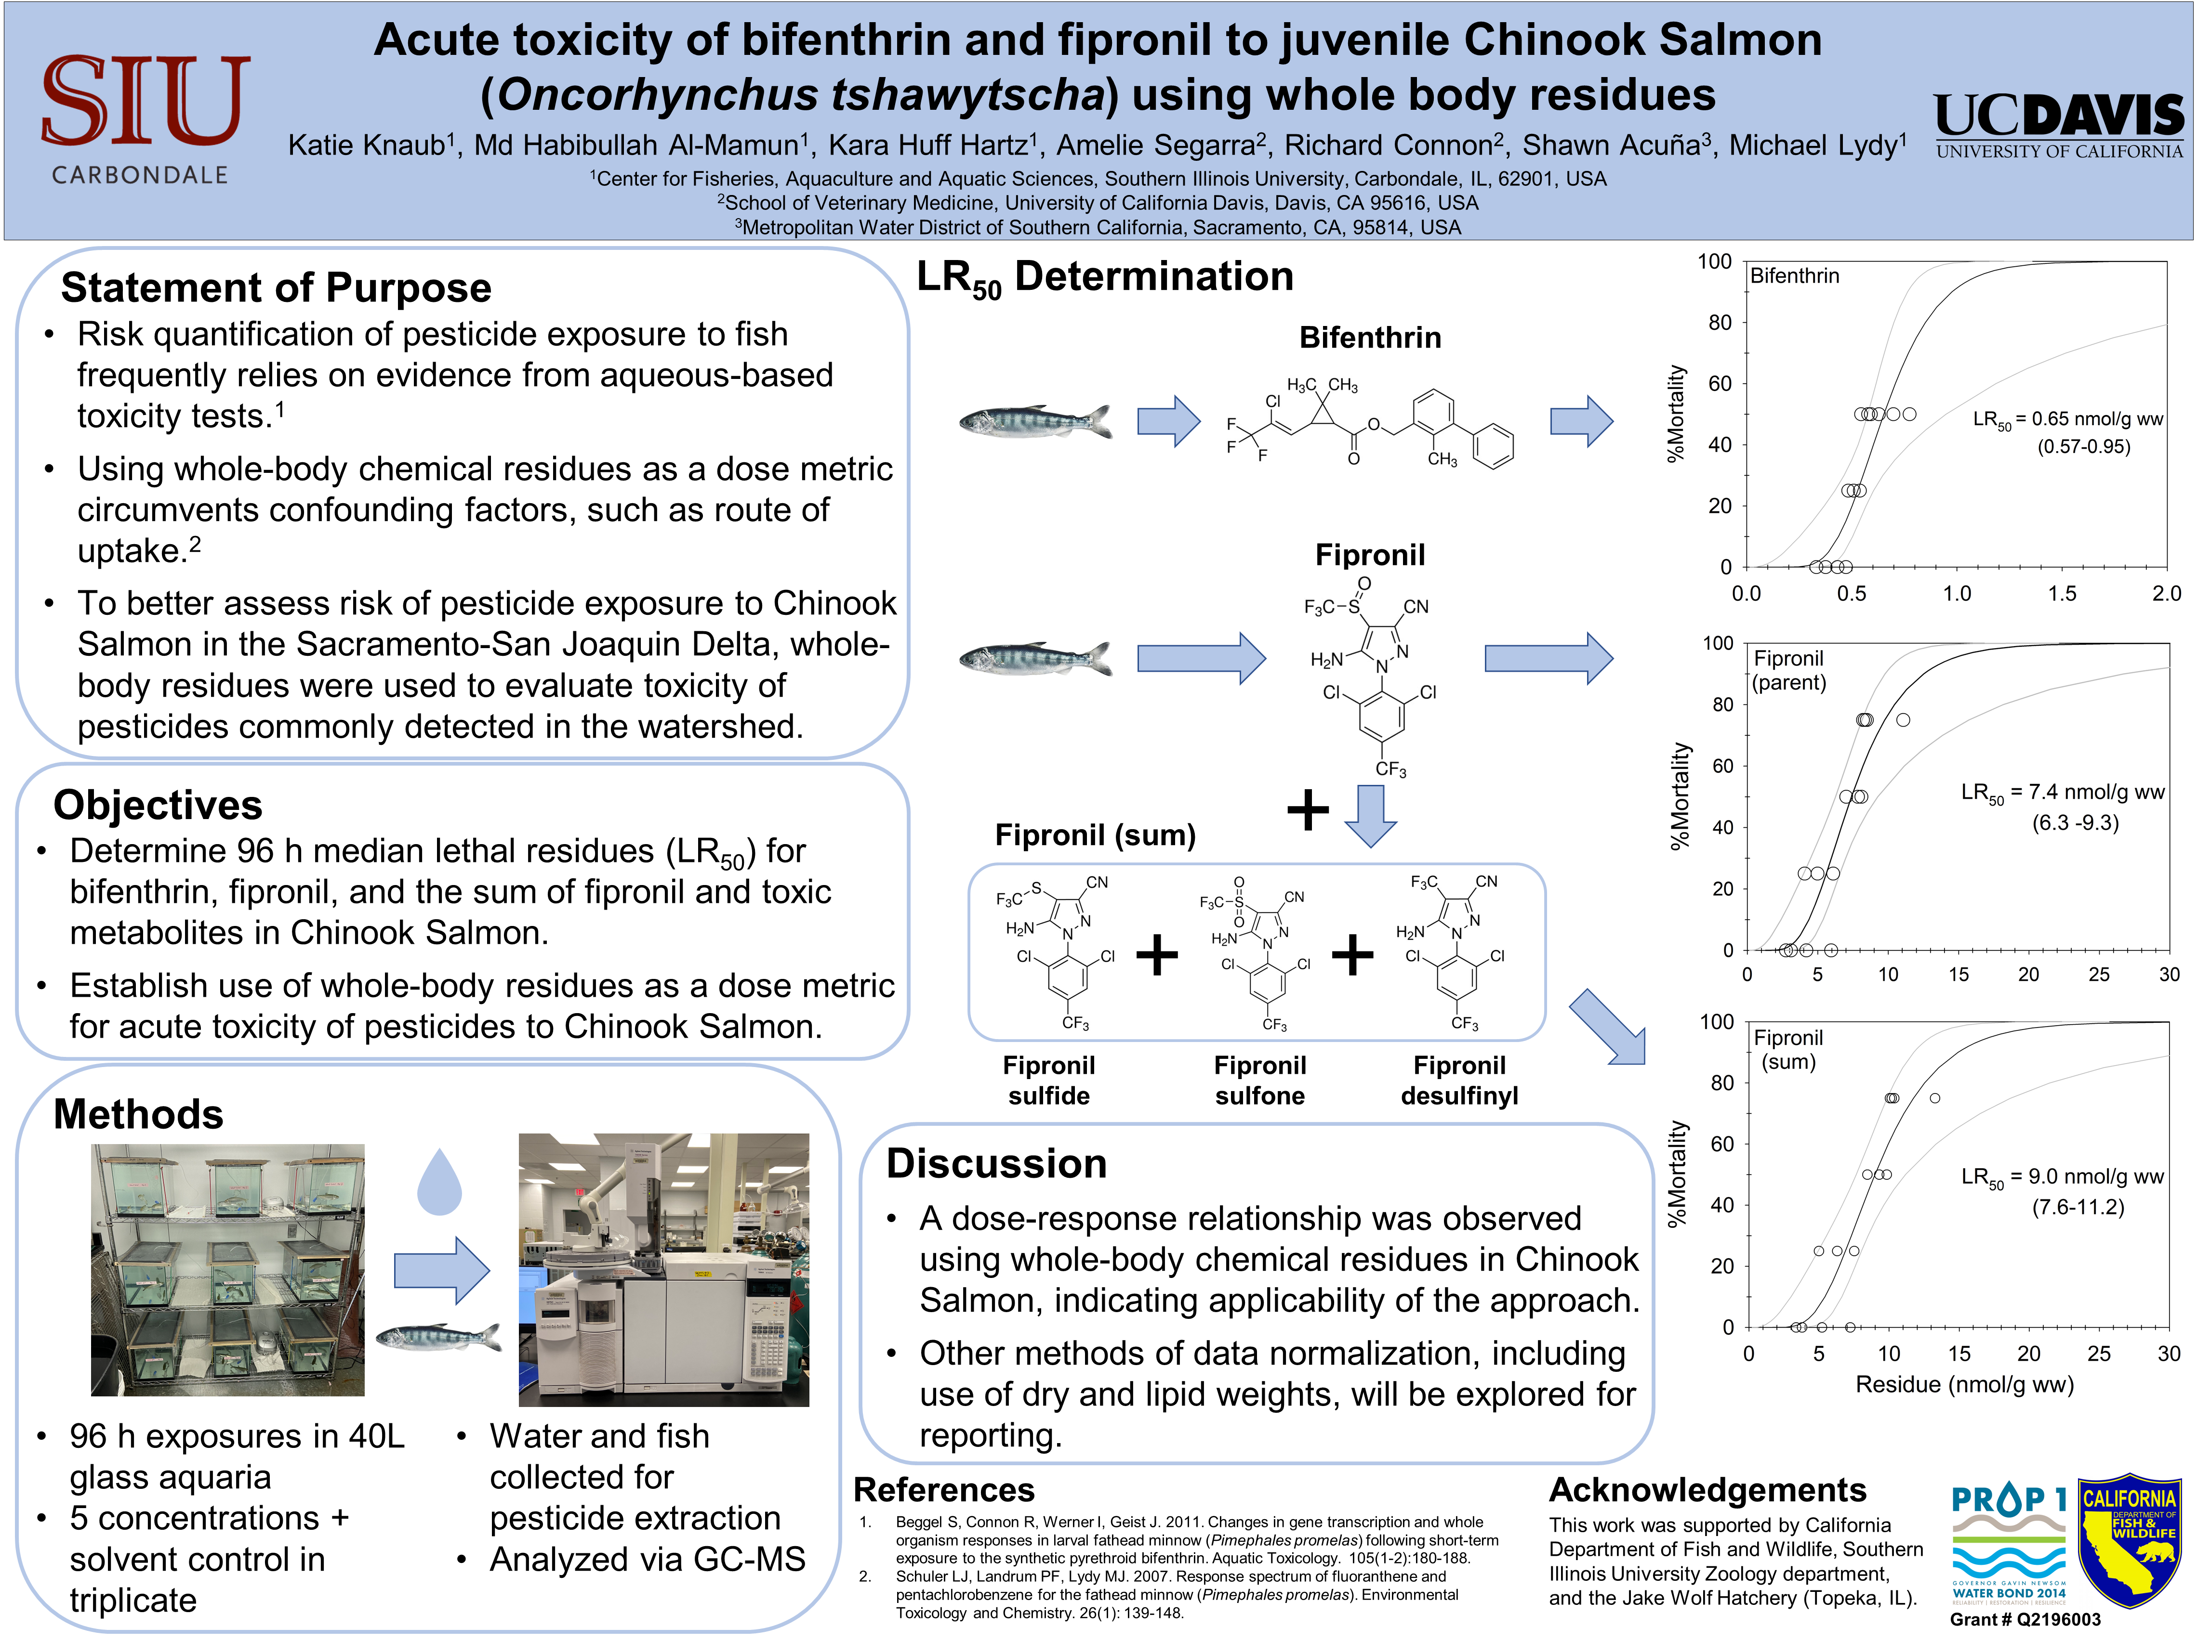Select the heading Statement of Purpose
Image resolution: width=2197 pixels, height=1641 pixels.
click(x=276, y=288)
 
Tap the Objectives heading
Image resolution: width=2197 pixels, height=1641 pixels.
click(x=158, y=805)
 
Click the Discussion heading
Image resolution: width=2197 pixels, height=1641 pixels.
click(x=996, y=1163)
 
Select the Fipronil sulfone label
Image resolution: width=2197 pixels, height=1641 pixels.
click(x=1259, y=1080)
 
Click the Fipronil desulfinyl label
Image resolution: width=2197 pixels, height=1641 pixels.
click(x=1459, y=1080)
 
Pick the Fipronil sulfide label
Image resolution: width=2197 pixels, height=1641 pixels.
click(x=1049, y=1080)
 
